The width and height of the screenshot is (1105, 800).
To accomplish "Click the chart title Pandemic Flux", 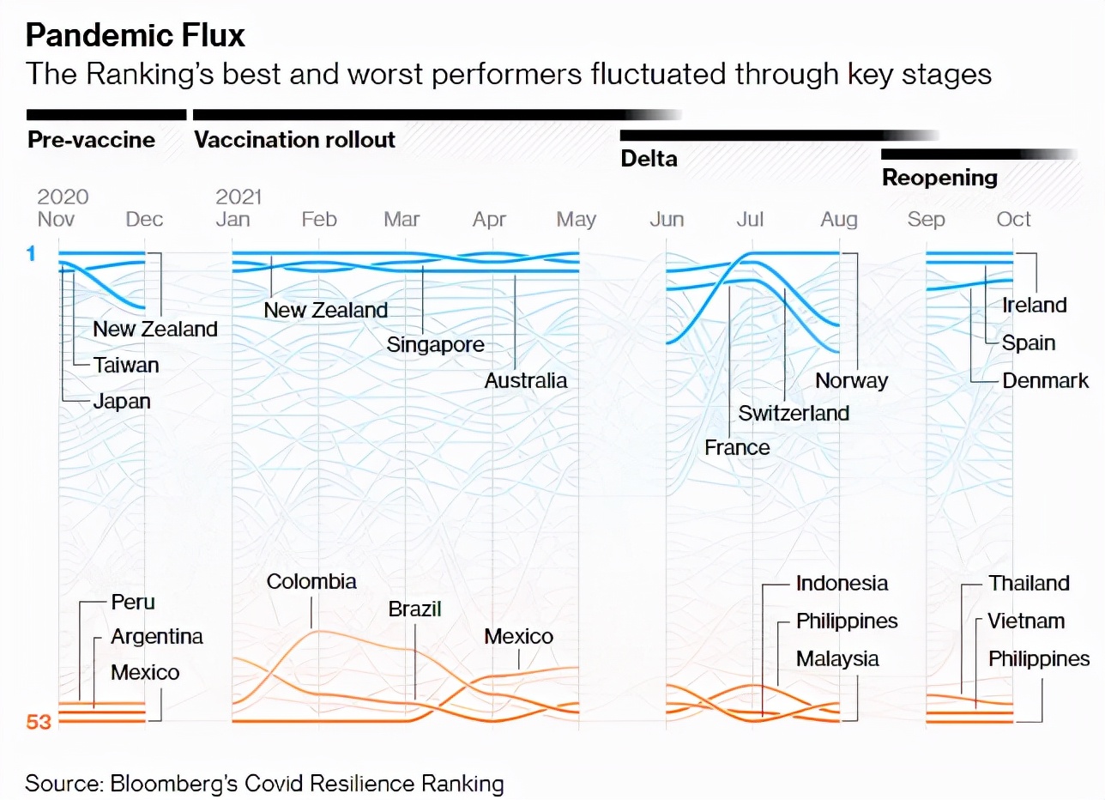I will (136, 35).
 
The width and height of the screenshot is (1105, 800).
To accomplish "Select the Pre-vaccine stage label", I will (91, 140).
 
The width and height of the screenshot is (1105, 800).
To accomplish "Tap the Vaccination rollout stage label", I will (295, 140).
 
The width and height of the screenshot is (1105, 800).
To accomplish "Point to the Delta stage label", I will (649, 159).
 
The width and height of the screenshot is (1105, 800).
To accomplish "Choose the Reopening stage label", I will (939, 178).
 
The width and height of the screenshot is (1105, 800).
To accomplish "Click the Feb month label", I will (318, 220).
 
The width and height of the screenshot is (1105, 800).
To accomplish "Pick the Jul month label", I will (750, 220).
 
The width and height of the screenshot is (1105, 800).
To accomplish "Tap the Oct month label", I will (1013, 220).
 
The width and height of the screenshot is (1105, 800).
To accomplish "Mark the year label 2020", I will (63, 197).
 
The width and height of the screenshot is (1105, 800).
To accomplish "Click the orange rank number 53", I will (39, 722).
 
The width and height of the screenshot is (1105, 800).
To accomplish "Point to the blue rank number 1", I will (31, 254).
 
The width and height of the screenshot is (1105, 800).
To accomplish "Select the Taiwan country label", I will (126, 366).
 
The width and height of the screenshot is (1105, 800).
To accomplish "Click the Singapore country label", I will (435, 345).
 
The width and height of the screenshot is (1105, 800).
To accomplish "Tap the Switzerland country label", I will (794, 413).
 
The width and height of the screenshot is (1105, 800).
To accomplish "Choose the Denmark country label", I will (1045, 381).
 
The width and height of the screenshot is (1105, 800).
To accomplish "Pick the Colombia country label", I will (311, 582).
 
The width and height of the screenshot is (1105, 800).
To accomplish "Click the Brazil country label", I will (414, 609).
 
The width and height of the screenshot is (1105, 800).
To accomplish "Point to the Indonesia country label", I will (842, 584).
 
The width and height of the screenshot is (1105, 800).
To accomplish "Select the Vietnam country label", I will (1026, 621).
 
